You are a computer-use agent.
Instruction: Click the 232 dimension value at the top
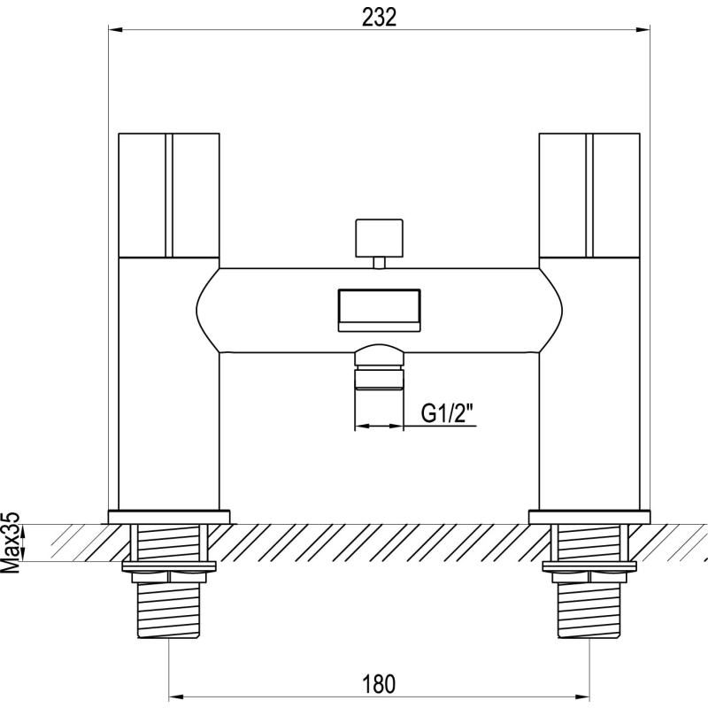coord(379,18)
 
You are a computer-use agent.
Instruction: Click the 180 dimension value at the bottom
coord(379,683)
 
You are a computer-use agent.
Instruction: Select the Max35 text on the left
coord(12,549)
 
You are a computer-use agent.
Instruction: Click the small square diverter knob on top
coord(380,238)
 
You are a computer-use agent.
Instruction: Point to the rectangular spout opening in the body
coord(380,311)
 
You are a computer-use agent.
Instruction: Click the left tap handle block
coord(169,196)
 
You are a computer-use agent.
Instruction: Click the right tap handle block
coord(589,196)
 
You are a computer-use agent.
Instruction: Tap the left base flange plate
coord(169,517)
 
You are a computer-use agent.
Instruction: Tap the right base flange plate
coord(589,517)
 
